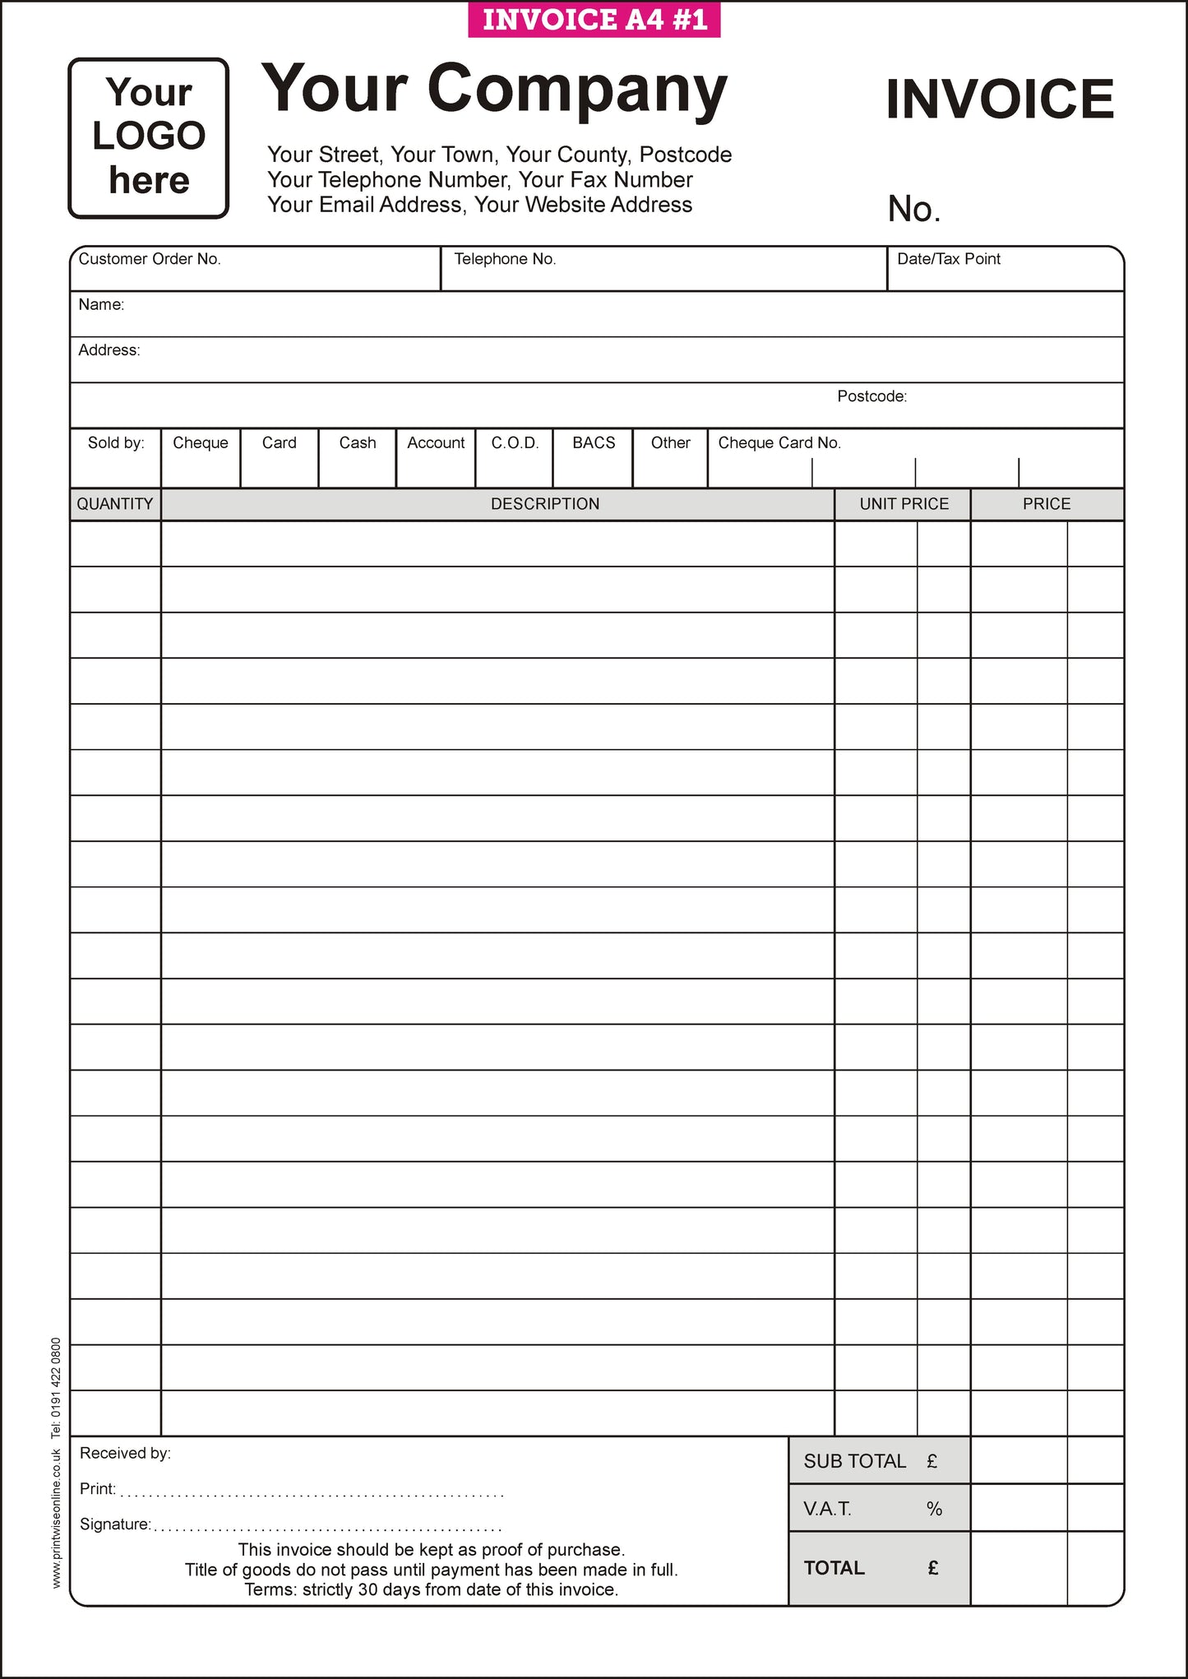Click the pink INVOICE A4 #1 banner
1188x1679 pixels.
point(594,20)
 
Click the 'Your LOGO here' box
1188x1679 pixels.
point(149,137)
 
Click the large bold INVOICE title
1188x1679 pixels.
point(999,99)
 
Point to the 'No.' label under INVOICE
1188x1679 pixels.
point(913,209)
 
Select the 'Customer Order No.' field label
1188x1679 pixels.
point(150,259)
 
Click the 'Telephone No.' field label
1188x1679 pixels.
point(505,259)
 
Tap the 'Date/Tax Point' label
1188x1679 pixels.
point(948,259)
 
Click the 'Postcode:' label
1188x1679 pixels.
point(871,396)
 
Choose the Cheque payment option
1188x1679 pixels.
point(201,443)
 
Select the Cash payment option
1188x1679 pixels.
point(358,443)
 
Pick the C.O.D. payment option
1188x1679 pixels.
point(515,443)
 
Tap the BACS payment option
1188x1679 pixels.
point(594,443)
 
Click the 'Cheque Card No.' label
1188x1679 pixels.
point(779,443)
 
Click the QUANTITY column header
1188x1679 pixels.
point(115,504)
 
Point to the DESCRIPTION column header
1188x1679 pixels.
point(545,504)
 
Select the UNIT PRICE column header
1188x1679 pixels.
point(904,504)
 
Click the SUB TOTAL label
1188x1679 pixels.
point(854,1461)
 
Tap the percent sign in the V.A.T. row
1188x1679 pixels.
point(934,1509)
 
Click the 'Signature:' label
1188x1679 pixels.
point(115,1524)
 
